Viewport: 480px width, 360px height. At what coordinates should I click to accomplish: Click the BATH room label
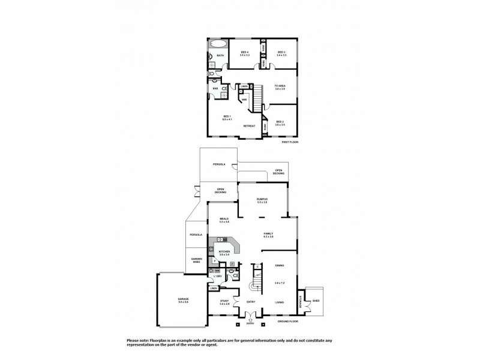tap(220, 56)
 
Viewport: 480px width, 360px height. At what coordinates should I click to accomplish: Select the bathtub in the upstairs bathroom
tap(218, 44)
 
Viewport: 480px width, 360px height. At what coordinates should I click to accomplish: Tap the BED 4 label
tap(244, 52)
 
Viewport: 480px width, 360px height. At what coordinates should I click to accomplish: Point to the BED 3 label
tap(281, 52)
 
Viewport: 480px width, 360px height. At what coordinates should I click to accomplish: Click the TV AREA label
tap(280, 86)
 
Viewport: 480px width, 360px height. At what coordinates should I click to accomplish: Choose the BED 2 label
tap(280, 122)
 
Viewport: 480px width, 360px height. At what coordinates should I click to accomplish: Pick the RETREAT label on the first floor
tap(249, 126)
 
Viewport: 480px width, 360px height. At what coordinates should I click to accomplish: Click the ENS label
tap(215, 89)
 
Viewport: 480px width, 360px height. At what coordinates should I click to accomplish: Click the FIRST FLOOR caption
tap(290, 142)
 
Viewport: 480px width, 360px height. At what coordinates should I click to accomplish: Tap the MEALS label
tap(224, 220)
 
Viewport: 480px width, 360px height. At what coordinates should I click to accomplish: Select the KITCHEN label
tap(224, 252)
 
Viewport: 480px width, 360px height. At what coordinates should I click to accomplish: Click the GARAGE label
tap(183, 298)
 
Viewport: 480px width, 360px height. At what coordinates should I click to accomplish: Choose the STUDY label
tap(224, 301)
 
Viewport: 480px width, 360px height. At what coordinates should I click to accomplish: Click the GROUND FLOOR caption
tap(289, 322)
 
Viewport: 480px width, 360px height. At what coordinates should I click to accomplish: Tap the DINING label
tap(279, 266)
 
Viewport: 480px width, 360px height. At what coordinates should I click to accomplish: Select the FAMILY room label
tap(268, 235)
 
